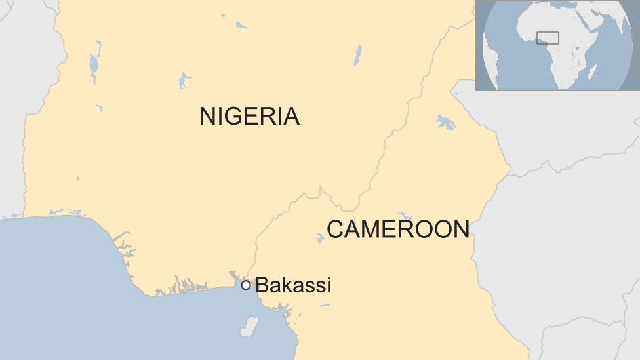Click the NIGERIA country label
(x=249, y=116)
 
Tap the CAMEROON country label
(x=398, y=230)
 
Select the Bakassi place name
(x=293, y=285)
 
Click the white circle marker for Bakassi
(x=246, y=285)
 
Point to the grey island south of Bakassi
(x=249, y=326)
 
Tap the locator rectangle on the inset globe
(x=548, y=38)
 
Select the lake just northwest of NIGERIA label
(x=184, y=80)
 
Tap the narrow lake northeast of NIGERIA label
(x=357, y=55)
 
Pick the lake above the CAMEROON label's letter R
(x=405, y=216)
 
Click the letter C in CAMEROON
(x=335, y=230)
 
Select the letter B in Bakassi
(x=261, y=285)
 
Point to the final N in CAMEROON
(x=461, y=230)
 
